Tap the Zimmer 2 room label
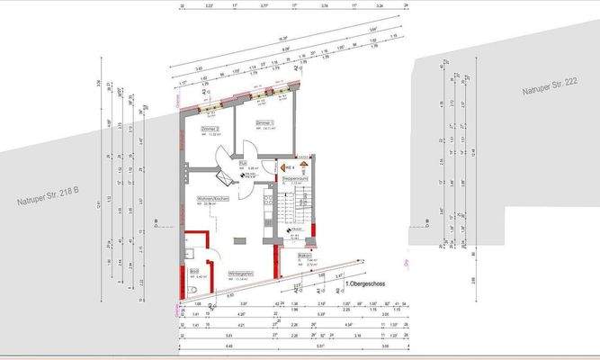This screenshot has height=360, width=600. click(210, 130)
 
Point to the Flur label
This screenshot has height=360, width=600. click(243, 163)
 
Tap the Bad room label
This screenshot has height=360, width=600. click(193, 271)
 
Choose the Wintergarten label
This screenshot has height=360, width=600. click(238, 272)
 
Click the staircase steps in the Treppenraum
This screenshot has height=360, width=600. click(288, 211)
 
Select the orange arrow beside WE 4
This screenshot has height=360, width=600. click(282, 167)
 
